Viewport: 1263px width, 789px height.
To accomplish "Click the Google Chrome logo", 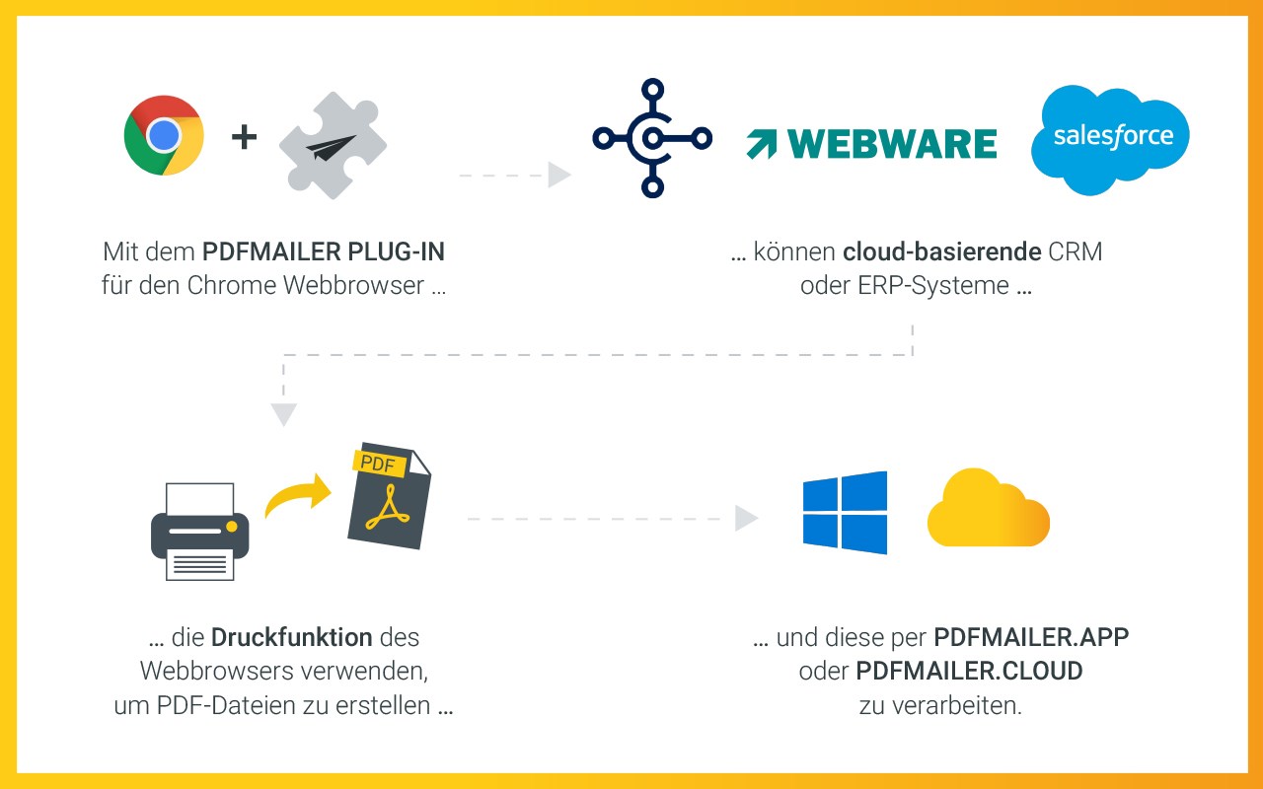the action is coord(164,135).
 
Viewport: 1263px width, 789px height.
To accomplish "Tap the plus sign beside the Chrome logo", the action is coord(244,137).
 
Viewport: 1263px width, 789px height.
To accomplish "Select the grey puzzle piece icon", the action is coord(333,145).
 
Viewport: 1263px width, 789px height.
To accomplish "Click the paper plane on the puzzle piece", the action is coord(331,148).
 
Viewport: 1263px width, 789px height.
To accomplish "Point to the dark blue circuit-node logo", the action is coord(652,138).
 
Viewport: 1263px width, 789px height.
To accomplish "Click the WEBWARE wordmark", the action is coord(892,144).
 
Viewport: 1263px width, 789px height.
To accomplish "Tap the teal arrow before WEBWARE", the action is coord(761,144).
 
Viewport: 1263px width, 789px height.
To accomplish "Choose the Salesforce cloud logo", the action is coord(1110,140).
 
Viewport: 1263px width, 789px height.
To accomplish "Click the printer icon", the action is coord(200,532).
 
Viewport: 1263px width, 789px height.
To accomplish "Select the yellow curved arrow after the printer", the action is coord(298,494).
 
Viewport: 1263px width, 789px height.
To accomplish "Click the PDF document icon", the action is coord(389,495).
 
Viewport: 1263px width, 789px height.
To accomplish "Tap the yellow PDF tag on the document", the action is coord(378,464).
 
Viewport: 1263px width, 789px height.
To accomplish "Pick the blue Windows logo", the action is coord(845,512).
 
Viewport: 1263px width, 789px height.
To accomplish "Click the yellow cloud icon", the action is coord(989,507).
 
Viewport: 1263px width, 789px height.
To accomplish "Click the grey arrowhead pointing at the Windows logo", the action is coord(747,519).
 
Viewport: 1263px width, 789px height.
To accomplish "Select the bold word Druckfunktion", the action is coord(291,637).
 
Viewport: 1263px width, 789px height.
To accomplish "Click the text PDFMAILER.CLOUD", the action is coord(969,672).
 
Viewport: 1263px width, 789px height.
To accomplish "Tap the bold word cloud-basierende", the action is coord(941,251).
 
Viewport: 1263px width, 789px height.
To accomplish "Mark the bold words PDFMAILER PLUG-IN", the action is coord(324,251).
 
